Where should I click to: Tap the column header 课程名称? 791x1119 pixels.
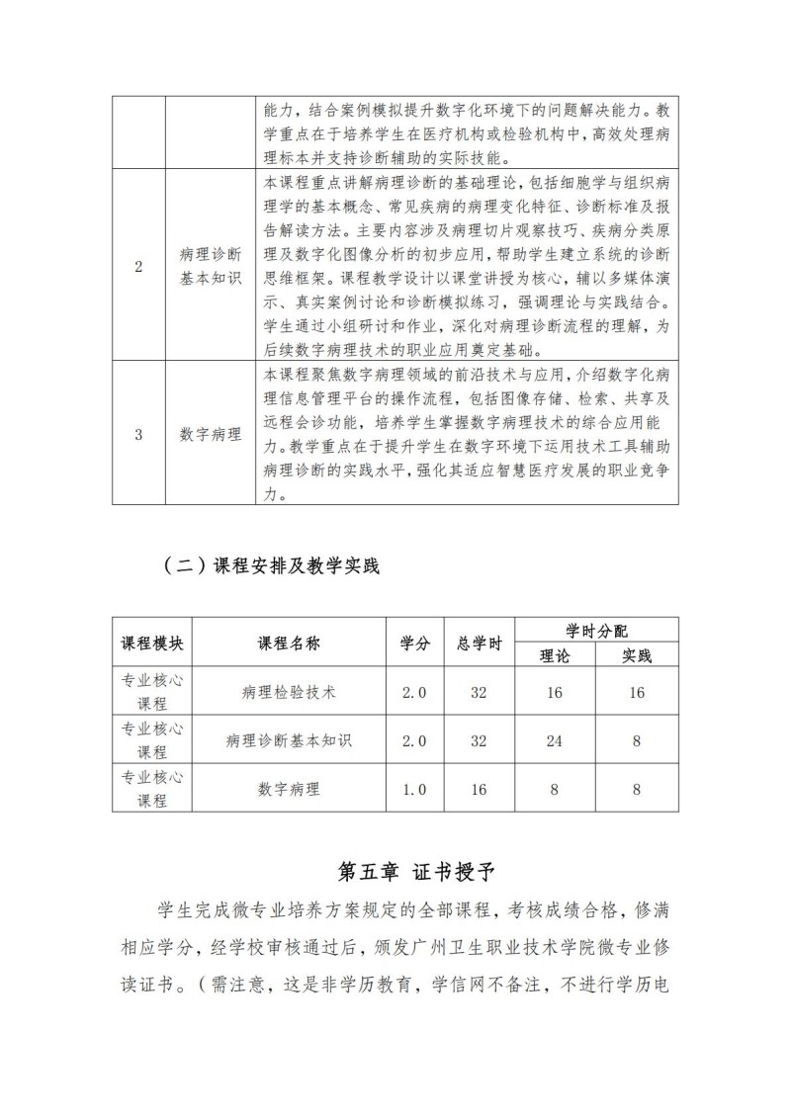coord(290,643)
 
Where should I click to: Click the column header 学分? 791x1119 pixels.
coord(414,643)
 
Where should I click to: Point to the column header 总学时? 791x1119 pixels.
coord(480,643)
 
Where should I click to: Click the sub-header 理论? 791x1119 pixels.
coord(555,654)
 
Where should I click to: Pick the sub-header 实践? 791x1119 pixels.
coord(637,654)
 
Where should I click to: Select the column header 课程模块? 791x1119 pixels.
coord(152,643)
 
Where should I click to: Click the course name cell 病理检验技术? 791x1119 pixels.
coord(290,692)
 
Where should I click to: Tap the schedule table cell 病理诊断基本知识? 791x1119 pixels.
coord(290,740)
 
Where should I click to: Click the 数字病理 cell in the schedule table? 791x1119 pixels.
coord(290,789)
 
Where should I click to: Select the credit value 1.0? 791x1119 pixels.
coord(414,789)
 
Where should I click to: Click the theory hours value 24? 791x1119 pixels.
coord(555,740)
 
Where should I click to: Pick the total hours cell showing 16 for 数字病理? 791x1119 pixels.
coord(480,789)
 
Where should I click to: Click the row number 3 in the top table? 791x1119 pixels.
coord(138,433)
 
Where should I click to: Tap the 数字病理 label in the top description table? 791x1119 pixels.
coord(211,433)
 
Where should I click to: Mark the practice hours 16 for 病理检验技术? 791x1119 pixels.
coord(637,692)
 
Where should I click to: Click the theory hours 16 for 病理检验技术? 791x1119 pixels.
coord(555,692)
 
